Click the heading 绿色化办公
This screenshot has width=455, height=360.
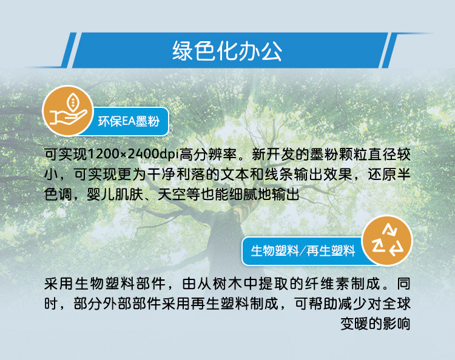(227, 51)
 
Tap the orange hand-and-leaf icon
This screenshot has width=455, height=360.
(68, 110)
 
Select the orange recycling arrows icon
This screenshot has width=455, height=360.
(388, 240)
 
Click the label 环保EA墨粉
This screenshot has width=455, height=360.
(129, 121)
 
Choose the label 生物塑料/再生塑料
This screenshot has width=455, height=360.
(303, 251)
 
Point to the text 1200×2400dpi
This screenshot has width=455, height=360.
(133, 154)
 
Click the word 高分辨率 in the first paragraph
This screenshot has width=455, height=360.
(208, 154)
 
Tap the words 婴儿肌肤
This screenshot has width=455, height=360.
(115, 194)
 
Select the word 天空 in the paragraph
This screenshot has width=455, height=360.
(172, 194)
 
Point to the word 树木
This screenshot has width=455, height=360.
(227, 284)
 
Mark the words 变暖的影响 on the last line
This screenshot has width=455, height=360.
(375, 324)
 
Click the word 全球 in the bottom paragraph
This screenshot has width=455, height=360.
(396, 304)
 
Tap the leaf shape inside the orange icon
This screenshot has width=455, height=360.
(73, 102)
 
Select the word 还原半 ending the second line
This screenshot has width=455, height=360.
(389, 174)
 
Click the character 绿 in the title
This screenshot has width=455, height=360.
(183, 51)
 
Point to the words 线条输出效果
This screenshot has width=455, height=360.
(308, 174)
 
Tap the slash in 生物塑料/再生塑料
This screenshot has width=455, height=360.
(303, 251)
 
